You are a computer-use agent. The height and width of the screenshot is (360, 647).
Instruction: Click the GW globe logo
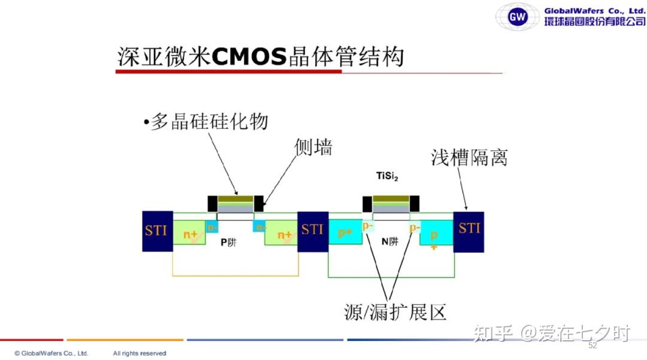point(517,16)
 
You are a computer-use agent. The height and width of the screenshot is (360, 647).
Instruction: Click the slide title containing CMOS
point(261,56)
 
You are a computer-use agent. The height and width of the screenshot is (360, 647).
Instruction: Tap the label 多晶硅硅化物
point(207,122)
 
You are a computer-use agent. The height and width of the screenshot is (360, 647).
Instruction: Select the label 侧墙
point(313,147)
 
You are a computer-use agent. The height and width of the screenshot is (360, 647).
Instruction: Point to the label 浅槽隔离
point(469,157)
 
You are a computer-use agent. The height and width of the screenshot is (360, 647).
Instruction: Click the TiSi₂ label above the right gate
point(387,176)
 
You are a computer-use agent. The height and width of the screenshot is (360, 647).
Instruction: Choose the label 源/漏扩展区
point(396,311)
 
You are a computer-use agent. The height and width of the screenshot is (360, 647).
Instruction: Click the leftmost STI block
point(157,231)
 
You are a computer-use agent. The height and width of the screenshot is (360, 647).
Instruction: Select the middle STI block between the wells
point(313,231)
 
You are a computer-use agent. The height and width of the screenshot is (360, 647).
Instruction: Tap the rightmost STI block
point(468,231)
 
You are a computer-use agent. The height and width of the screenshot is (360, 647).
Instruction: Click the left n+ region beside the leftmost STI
point(190,233)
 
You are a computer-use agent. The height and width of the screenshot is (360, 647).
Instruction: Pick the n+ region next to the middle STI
point(281,233)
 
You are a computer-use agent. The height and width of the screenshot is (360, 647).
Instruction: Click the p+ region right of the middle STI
point(345,232)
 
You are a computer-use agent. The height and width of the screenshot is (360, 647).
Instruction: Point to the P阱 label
point(228,242)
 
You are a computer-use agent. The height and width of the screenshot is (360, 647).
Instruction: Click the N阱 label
point(390,242)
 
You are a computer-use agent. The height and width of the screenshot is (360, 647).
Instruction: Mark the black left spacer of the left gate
point(212,204)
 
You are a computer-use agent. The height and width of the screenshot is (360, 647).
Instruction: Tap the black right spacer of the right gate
point(414,204)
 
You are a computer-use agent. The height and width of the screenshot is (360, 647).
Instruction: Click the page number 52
point(592,346)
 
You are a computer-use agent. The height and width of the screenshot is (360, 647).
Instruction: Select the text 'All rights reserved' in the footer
point(140,353)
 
